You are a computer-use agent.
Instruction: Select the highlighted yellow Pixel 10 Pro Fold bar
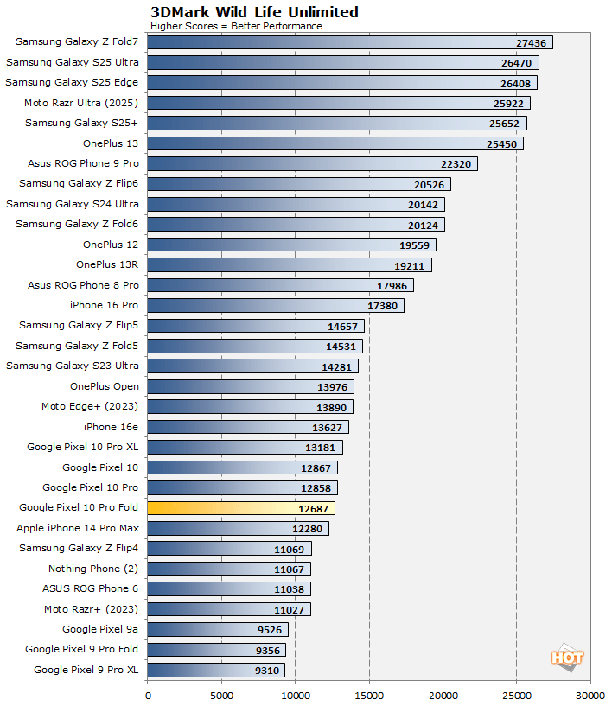(241, 508)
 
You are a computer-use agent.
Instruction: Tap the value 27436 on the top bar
(532, 42)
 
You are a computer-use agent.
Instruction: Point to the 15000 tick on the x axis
(369, 693)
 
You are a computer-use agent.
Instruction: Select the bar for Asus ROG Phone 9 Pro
(312, 163)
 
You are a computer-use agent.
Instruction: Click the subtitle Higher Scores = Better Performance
(236, 26)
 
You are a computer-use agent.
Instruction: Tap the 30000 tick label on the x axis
(590, 693)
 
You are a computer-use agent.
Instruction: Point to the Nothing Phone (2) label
(93, 569)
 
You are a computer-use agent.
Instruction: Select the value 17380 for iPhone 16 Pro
(383, 306)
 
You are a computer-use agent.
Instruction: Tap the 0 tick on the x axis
(148, 693)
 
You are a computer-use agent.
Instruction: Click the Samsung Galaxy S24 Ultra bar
(296, 204)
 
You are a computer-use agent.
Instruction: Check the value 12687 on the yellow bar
(314, 508)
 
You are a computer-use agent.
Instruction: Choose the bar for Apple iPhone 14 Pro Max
(238, 528)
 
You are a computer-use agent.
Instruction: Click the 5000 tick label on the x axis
(221, 693)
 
